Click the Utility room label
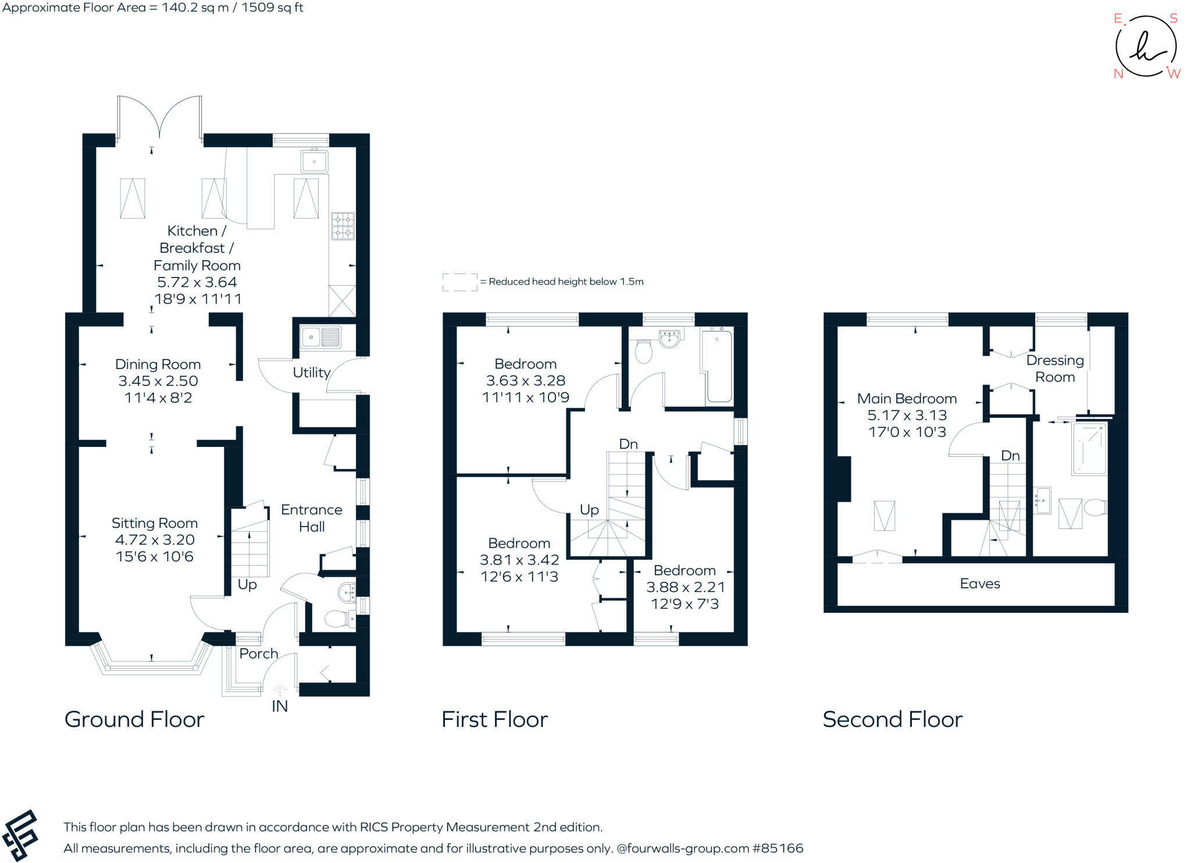point(311,372)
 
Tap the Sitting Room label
point(155,523)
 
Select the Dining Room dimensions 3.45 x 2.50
point(158,381)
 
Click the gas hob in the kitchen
point(343,226)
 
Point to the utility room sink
point(320,338)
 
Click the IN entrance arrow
point(280,691)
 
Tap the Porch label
point(259,654)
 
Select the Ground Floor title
point(134,720)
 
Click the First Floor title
point(494,720)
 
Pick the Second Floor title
point(893,720)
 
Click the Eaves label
point(980,584)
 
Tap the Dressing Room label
point(1055,368)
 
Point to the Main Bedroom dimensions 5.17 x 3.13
point(907,415)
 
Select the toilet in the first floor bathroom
point(643,351)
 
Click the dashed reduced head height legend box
point(459,282)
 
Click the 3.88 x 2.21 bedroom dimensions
point(685,587)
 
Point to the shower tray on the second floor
point(1089,449)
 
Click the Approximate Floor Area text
point(152,8)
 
